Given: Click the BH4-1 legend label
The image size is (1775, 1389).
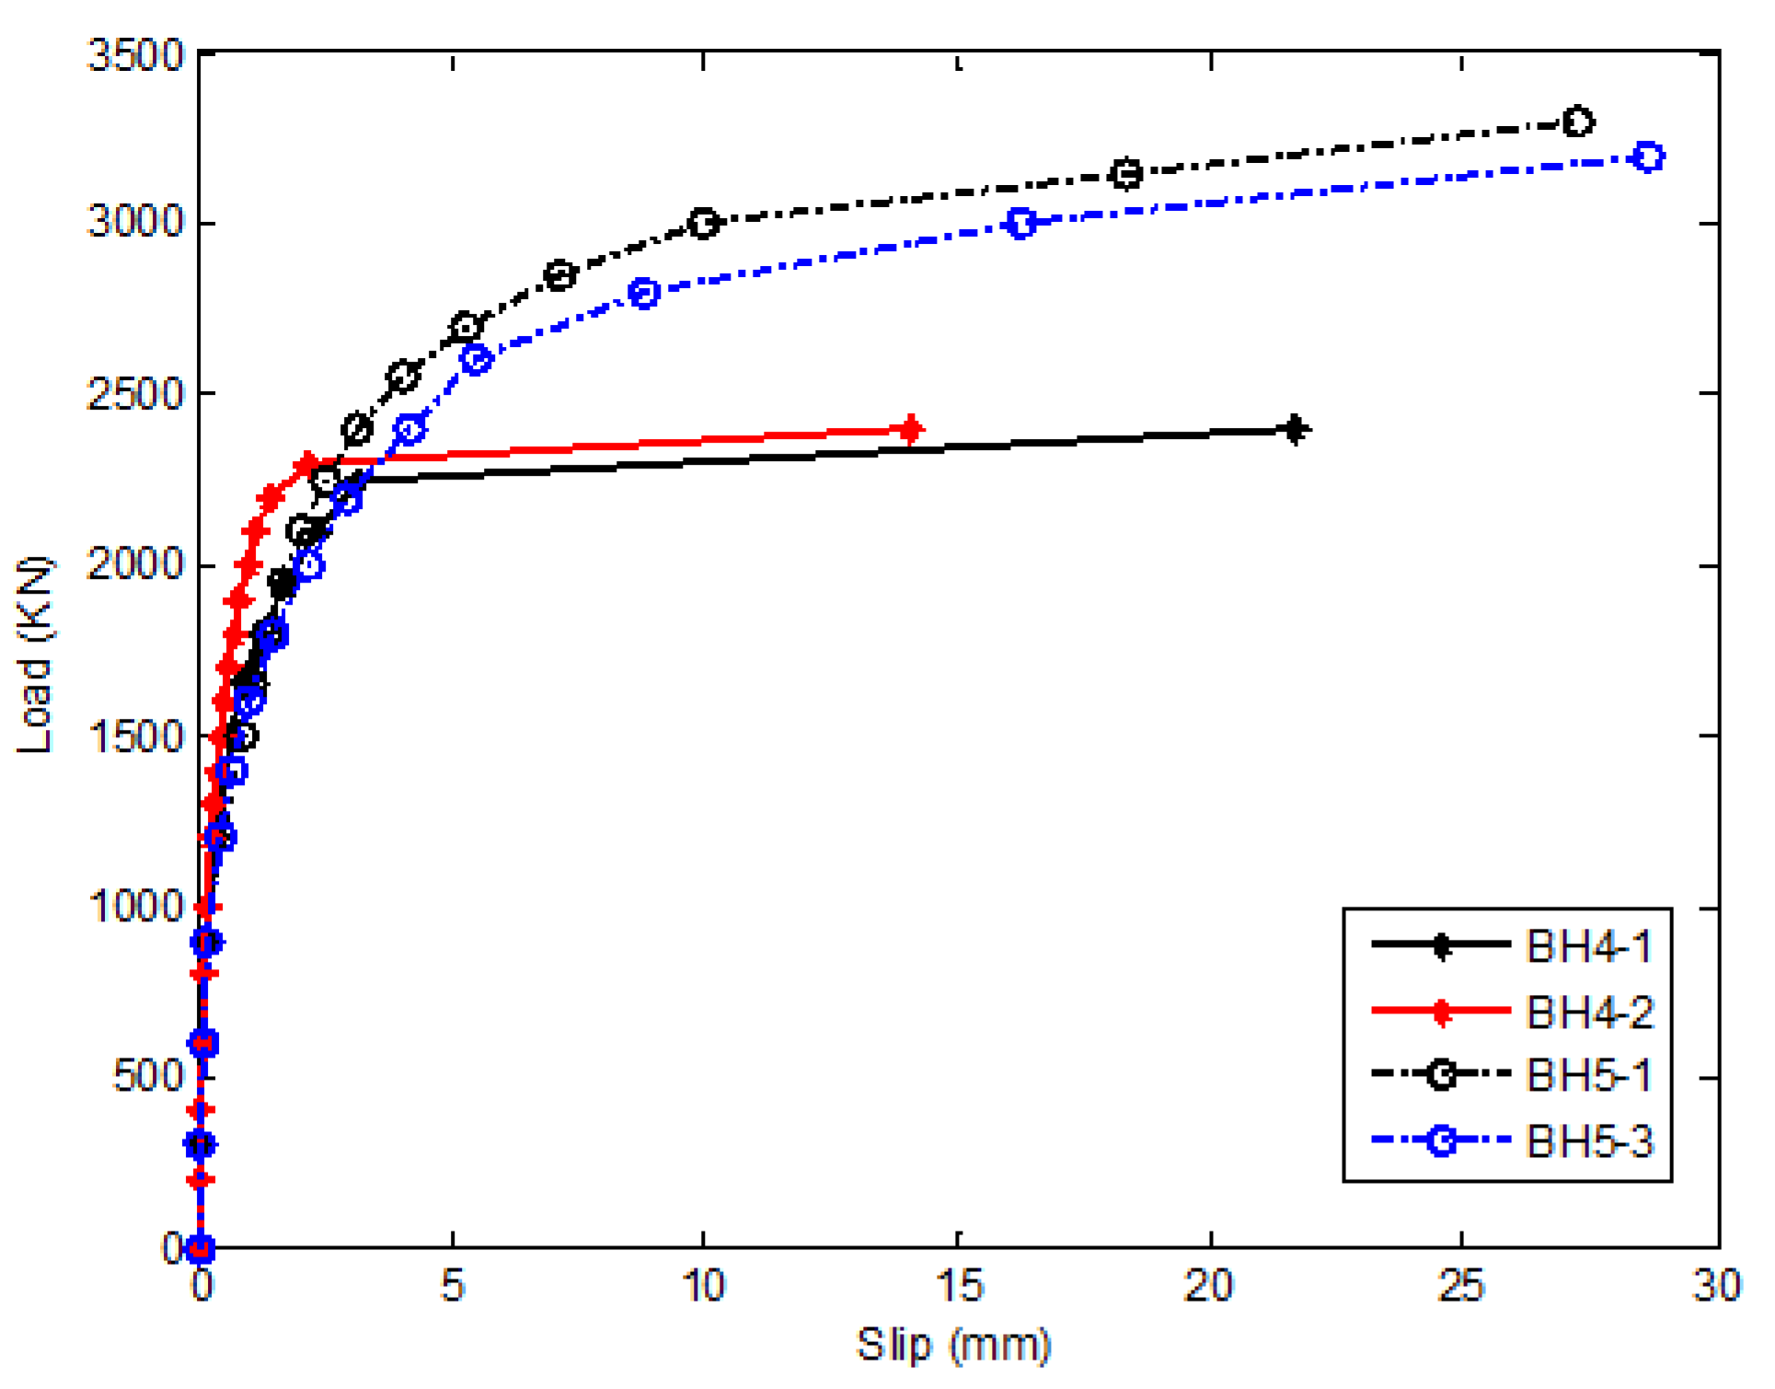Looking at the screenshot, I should pyautogui.click(x=1589, y=946).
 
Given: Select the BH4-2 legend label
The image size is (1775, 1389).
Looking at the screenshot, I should pyautogui.click(x=1589, y=1013).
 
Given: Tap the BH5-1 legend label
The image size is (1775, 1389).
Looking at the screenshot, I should pyautogui.click(x=1589, y=1075).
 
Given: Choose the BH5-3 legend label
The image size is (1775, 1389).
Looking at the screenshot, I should pyautogui.click(x=1589, y=1141).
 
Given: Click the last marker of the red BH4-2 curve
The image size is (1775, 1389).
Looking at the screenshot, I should pyautogui.click(x=910, y=429).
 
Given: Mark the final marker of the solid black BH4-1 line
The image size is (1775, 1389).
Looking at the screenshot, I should pyautogui.click(x=1295, y=429).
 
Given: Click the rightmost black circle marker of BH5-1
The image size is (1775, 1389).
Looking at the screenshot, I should pyautogui.click(x=1578, y=122).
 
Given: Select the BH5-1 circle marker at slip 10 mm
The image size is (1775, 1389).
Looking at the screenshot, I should pyautogui.click(x=704, y=223).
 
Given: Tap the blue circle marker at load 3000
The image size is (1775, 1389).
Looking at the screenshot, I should pyautogui.click(x=1020, y=223).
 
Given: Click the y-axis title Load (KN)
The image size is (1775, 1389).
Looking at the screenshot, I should pyautogui.click(x=35, y=654).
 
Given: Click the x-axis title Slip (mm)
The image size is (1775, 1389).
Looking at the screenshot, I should pyautogui.click(x=953, y=1345).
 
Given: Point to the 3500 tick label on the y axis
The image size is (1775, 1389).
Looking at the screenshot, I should pyautogui.click(x=136, y=55).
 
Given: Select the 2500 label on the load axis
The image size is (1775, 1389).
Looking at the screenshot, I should pyautogui.click(x=136, y=394).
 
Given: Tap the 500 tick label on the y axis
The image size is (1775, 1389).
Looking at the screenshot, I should pyautogui.click(x=148, y=1075).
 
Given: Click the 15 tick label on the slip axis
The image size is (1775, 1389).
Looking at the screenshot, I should pyautogui.click(x=959, y=1285).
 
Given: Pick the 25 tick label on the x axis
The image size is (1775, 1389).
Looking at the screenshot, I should pyautogui.click(x=1461, y=1285).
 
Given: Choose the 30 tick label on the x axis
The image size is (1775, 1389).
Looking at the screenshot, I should pyautogui.click(x=1716, y=1285).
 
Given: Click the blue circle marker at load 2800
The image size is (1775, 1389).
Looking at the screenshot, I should pyautogui.click(x=644, y=293).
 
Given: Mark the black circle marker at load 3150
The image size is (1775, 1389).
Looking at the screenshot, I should pyautogui.click(x=1126, y=173).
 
